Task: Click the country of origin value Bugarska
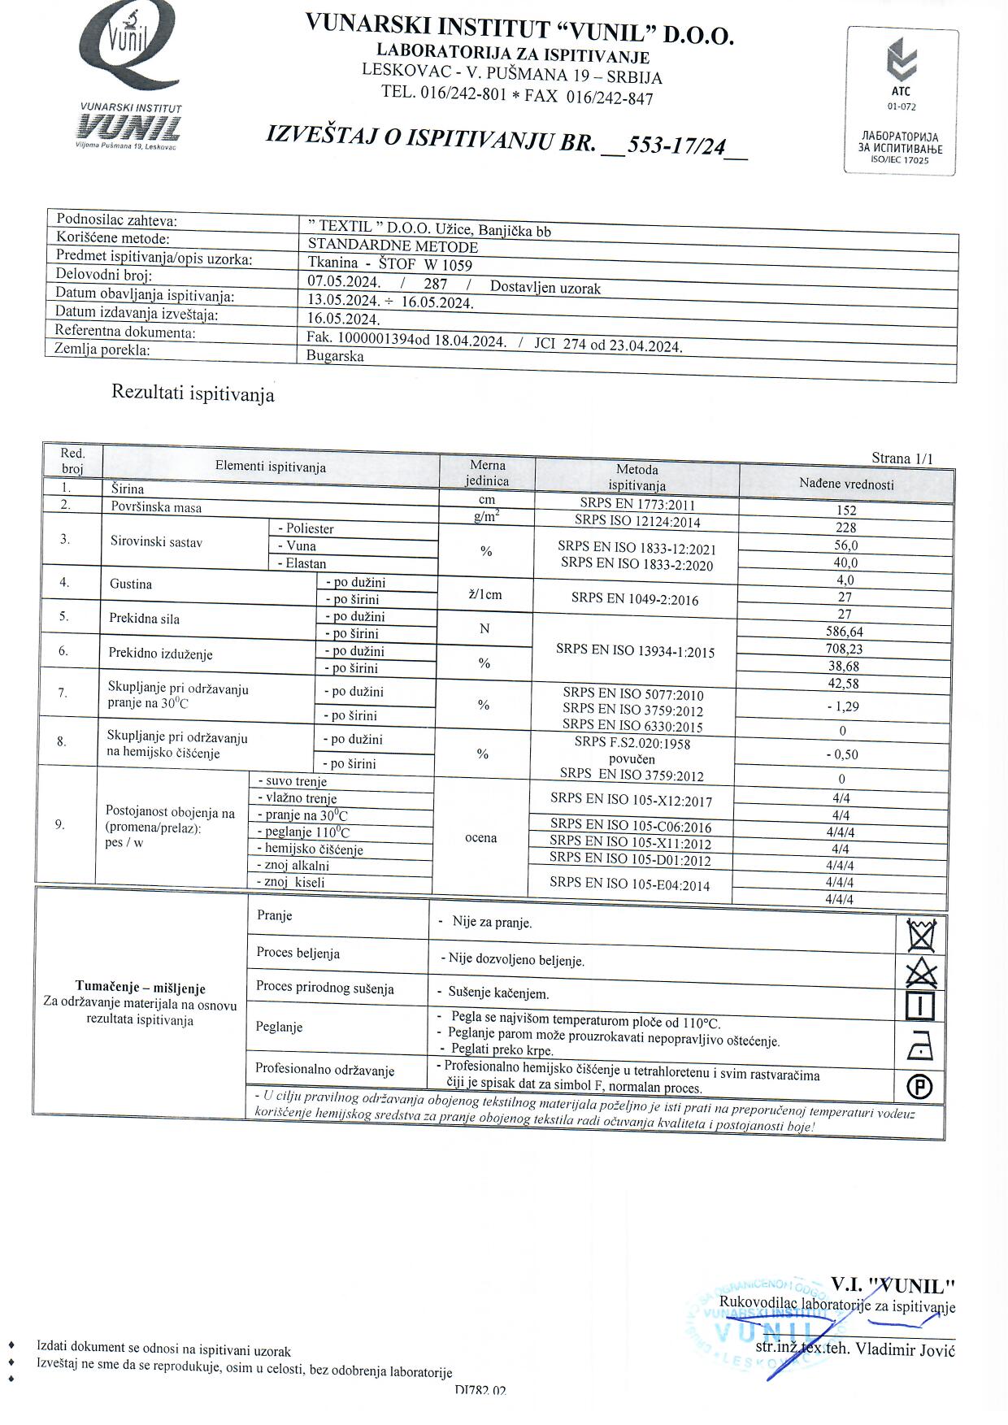[x=335, y=356]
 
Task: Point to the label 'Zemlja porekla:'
[x=102, y=350]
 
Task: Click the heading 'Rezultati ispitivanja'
[x=193, y=393]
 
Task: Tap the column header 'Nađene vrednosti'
[x=846, y=484]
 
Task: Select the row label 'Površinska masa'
[x=156, y=507]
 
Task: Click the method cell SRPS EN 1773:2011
[x=637, y=504]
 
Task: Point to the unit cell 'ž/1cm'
[x=485, y=594]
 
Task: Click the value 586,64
[x=844, y=632]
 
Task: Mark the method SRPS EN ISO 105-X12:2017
[x=631, y=800]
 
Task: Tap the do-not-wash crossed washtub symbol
[x=921, y=935]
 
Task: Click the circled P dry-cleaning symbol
[x=919, y=1085]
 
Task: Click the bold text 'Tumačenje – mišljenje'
[x=141, y=988]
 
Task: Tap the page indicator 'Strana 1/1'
[x=902, y=458]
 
